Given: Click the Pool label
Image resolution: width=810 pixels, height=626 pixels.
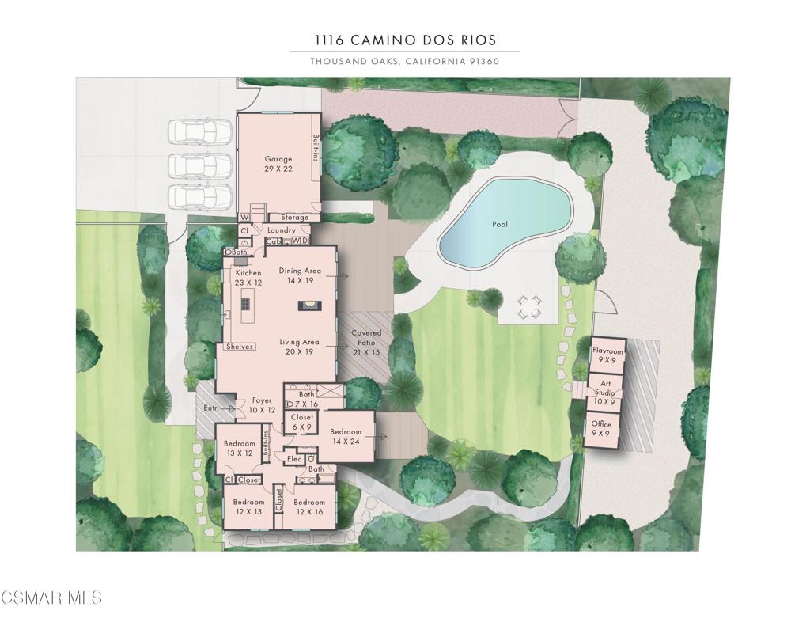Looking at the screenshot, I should click(x=500, y=224).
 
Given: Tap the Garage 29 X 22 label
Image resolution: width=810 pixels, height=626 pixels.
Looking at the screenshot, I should click(x=278, y=164).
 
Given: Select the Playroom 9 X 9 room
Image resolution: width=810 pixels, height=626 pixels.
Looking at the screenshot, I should click(x=607, y=355).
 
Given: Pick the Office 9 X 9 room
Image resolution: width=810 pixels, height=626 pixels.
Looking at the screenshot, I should click(x=602, y=429).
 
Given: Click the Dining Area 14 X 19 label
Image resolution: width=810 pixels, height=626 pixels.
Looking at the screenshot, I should click(x=301, y=275).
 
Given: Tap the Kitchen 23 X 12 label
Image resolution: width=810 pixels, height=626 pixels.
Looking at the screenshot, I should click(x=248, y=278).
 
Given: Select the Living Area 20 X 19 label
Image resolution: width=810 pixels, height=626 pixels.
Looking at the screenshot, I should click(x=299, y=347).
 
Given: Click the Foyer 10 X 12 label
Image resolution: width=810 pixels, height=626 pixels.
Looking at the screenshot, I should click(x=261, y=405).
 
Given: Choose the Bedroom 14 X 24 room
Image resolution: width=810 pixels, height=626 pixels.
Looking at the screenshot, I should click(x=346, y=436).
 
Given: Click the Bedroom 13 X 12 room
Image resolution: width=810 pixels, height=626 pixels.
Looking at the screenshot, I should click(x=239, y=448).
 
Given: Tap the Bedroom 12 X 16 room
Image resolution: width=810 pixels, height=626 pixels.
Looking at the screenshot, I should click(x=309, y=506).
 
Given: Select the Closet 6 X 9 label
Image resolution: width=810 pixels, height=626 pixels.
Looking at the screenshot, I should click(x=302, y=422).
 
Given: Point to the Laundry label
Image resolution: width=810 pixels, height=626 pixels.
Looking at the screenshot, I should click(x=282, y=230).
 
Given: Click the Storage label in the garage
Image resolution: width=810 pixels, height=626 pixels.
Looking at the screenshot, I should click(x=294, y=218).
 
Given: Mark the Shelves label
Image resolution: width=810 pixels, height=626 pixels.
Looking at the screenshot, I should click(x=240, y=347).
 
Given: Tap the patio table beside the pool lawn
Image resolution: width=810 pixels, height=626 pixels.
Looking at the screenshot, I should click(x=528, y=306).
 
